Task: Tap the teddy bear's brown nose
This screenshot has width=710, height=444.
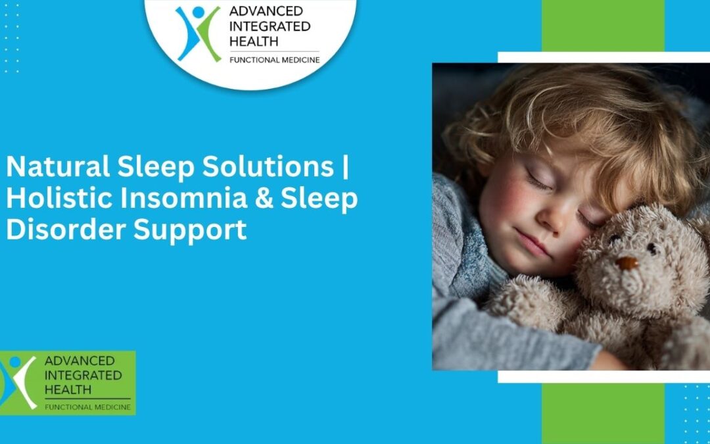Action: [x=627, y=262]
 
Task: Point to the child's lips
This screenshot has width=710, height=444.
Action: [x=531, y=245]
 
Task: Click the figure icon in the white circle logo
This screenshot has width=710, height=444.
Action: [x=198, y=33]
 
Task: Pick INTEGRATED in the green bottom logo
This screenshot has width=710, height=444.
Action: [x=83, y=375]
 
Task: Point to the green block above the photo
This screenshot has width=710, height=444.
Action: [x=603, y=25]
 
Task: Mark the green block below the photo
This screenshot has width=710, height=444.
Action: [x=603, y=413]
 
